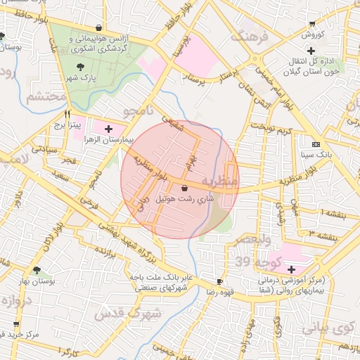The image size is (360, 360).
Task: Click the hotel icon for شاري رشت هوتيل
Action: [x=184, y=188]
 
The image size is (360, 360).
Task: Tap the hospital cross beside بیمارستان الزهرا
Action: [x=108, y=129]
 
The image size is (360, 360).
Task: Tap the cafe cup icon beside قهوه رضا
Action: [x=220, y=281]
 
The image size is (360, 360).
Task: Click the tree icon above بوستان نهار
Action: [x=37, y=270]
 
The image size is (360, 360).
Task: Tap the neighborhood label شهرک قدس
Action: [x=129, y=312]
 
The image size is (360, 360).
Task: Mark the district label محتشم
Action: [x=45, y=97]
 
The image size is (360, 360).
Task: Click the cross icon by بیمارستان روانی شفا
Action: [x=291, y=269]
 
